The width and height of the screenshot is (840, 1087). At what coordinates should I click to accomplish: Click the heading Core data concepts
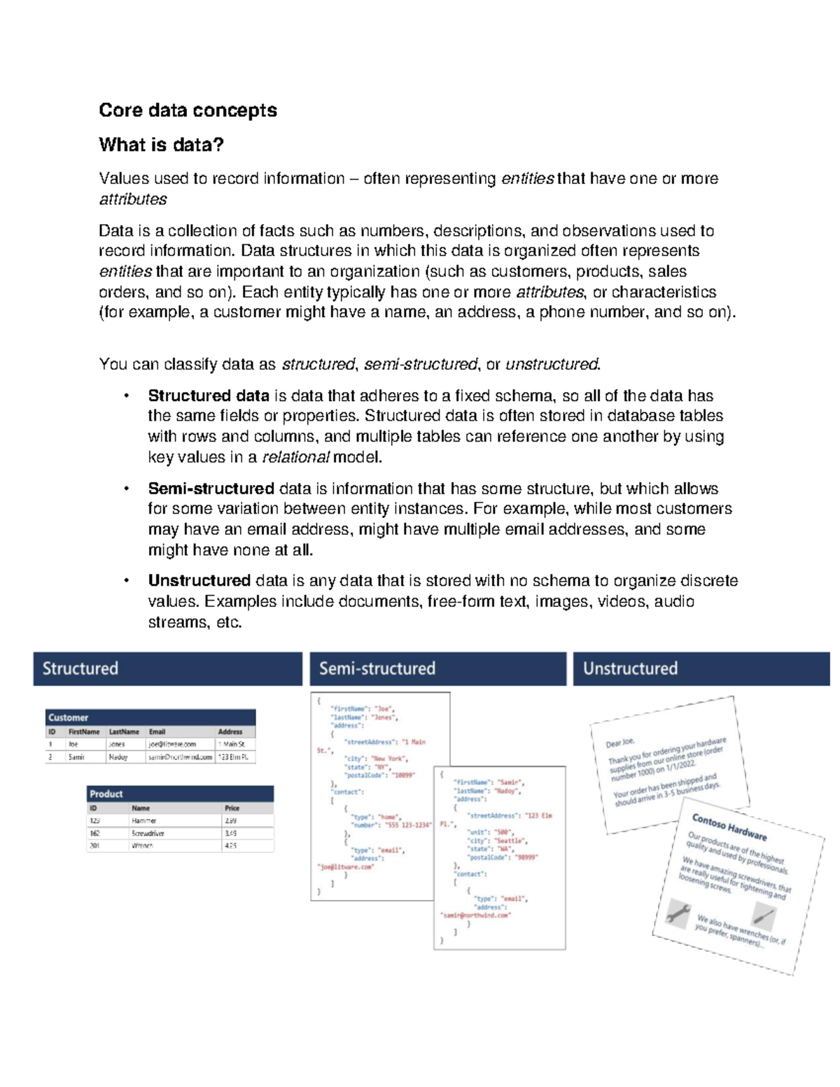click(188, 111)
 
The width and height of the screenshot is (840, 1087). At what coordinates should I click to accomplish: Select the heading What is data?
click(161, 145)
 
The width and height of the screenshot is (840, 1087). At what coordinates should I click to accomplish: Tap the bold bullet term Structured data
click(209, 395)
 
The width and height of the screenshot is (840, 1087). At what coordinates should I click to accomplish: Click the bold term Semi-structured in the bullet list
click(211, 489)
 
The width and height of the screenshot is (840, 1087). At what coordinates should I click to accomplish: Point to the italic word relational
click(295, 458)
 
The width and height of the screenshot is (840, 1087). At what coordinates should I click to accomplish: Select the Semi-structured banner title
click(377, 668)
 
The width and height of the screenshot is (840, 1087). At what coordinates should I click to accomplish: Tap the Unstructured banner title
click(630, 668)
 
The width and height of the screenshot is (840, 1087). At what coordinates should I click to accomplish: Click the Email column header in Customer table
click(157, 731)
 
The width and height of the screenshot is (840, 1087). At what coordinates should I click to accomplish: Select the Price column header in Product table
click(232, 808)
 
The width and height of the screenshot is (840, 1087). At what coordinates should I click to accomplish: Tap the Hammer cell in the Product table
click(144, 820)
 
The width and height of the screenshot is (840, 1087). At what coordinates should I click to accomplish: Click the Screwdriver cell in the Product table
click(148, 833)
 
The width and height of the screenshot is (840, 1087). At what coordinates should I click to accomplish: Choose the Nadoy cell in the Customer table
click(118, 757)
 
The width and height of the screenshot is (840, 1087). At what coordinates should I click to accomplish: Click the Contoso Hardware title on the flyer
click(729, 827)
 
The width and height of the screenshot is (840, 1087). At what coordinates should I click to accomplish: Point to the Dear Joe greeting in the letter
click(620, 742)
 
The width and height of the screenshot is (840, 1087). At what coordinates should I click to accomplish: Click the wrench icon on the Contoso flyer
click(678, 913)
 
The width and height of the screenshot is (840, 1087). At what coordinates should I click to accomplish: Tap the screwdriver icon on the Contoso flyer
click(763, 916)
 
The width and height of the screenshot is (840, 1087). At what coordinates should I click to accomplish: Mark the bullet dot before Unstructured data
click(127, 581)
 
